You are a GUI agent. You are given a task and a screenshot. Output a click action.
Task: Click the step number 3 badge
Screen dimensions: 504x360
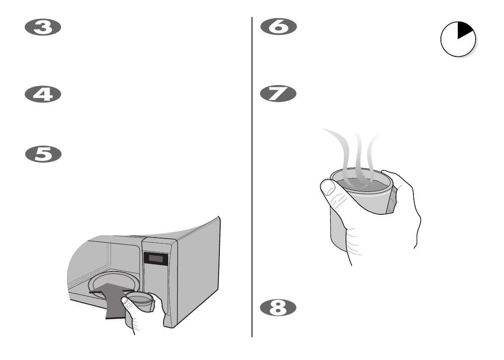pyautogui.click(x=43, y=28)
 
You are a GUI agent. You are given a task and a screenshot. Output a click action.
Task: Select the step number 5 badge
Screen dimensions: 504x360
pyautogui.click(x=43, y=154)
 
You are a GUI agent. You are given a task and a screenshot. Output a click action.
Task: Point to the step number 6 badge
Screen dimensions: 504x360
pyautogui.click(x=278, y=28)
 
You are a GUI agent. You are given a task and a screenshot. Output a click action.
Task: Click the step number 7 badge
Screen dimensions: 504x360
pyautogui.click(x=278, y=94)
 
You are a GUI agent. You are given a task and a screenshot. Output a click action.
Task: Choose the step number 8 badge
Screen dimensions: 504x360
pyautogui.click(x=278, y=307)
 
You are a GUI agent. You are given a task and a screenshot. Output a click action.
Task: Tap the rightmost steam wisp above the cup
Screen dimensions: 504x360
pyautogui.click(x=373, y=148)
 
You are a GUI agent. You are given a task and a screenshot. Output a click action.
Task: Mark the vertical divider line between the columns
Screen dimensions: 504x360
pyautogui.click(x=252, y=178)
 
